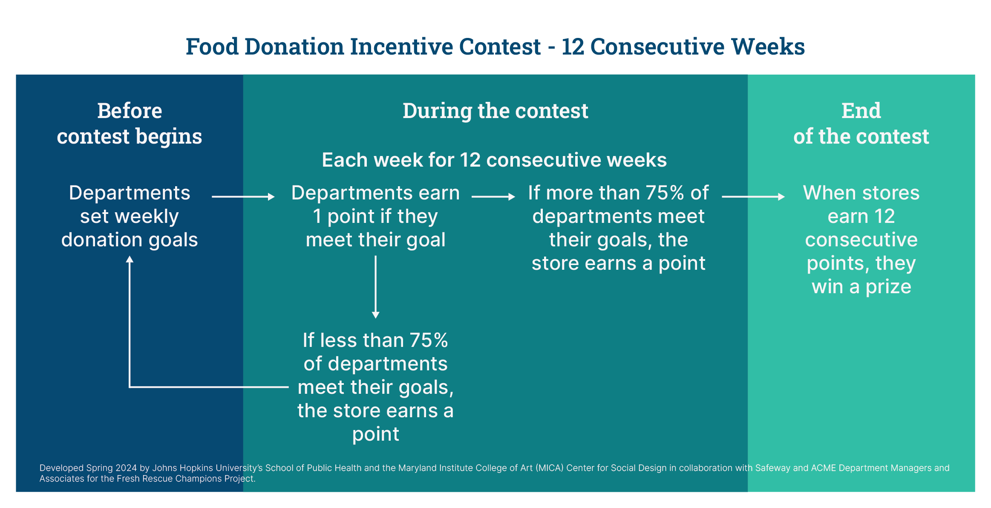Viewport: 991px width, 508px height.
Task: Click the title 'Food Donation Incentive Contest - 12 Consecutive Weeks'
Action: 495,46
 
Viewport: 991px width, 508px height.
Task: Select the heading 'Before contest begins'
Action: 130,124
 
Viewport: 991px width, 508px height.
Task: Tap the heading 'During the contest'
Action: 495,111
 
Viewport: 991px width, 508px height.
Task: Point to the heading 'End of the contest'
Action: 861,124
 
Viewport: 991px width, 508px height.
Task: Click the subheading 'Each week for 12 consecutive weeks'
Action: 494,160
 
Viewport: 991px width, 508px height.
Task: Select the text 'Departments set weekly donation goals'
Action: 130,216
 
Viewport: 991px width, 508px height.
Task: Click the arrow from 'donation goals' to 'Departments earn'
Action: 243,196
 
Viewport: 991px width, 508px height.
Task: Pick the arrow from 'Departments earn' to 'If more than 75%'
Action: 493,196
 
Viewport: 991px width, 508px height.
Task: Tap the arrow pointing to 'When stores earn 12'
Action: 753,196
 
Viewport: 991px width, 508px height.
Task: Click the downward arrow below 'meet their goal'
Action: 375,287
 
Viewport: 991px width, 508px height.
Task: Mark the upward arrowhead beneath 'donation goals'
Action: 130,259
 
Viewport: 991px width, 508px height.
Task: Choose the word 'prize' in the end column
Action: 888,287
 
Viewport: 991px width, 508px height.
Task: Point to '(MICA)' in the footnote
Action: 550,468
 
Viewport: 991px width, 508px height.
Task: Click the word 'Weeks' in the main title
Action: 768,46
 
